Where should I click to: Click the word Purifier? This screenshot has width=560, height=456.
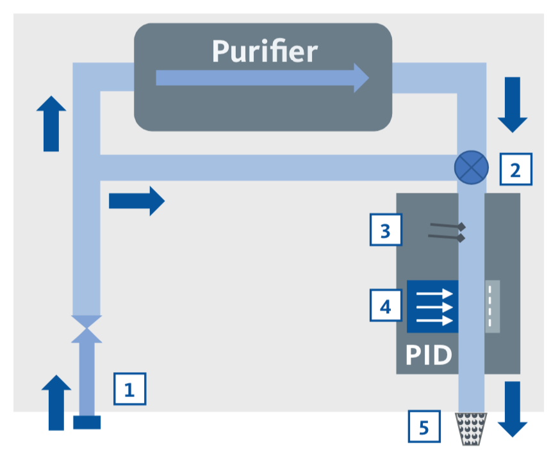(x=265, y=51)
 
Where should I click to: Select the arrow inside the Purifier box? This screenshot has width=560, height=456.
(x=263, y=78)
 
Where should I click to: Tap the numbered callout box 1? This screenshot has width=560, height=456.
(x=129, y=388)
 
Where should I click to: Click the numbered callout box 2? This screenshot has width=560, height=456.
(x=516, y=170)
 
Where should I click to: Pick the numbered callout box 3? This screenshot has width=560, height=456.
(x=386, y=230)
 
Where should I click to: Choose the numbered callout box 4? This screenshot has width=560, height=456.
(x=386, y=305)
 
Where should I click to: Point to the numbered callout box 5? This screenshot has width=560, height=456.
(x=424, y=426)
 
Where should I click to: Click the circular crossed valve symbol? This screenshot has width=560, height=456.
(x=471, y=168)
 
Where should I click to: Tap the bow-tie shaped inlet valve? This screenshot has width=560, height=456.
(x=85, y=327)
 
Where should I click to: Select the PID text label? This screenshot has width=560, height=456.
(x=429, y=354)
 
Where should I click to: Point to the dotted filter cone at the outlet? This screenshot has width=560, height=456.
(x=470, y=427)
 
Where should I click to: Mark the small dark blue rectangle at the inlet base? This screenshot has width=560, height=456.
(x=86, y=422)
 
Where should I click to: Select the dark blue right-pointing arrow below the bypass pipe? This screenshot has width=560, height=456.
(x=136, y=200)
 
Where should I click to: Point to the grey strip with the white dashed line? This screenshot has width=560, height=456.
(x=492, y=306)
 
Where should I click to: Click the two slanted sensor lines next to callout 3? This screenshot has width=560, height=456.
(x=447, y=231)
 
